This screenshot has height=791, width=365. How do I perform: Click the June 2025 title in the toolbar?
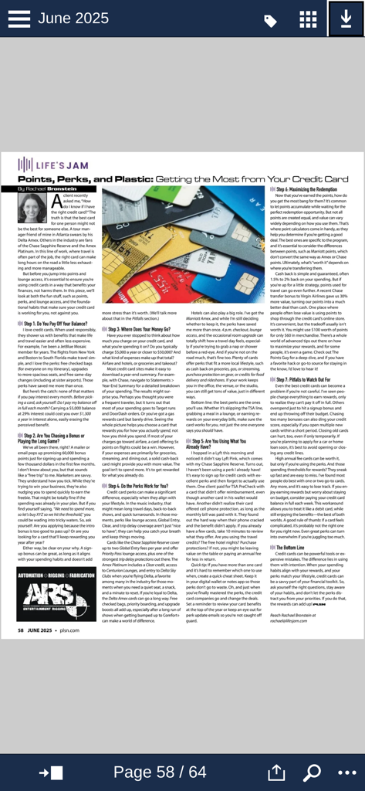coord(73,19)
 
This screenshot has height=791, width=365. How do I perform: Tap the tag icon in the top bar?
coord(271,21)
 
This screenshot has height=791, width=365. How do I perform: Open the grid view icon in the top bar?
coord(308,19)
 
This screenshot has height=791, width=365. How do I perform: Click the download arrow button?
coord(346,19)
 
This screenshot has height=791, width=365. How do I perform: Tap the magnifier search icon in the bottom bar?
coord(313,772)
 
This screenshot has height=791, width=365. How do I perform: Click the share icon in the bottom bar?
coord(276,772)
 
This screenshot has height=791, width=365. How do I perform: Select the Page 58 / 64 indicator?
coord(160,772)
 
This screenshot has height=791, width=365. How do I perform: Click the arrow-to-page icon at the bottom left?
coord(52,772)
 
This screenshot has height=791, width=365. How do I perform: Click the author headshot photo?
coord(32,207)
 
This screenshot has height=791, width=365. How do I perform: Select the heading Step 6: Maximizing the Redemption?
coord(309,189)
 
